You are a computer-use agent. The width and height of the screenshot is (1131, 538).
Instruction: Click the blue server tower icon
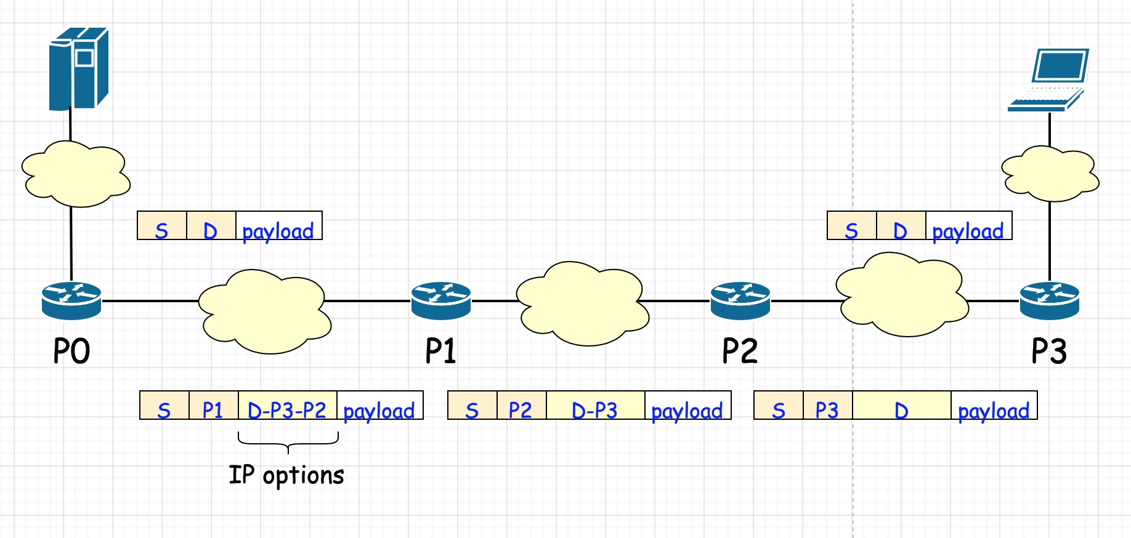[x=78, y=68]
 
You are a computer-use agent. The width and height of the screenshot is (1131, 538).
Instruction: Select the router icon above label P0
[x=71, y=300]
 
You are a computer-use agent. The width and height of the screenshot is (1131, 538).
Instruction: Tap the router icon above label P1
[x=441, y=300]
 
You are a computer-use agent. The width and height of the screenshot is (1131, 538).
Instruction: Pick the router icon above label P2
[x=740, y=300]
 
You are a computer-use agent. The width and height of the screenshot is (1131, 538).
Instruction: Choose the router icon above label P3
[x=1049, y=300]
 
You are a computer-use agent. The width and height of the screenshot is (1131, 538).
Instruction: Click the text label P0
[x=71, y=351]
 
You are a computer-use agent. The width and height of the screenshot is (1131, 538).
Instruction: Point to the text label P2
[x=740, y=351]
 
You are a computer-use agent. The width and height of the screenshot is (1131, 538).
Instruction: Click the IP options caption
[x=286, y=475]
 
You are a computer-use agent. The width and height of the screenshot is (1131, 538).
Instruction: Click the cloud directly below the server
[x=76, y=174]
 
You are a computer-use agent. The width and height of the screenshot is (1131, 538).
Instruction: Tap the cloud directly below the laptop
[x=1050, y=174]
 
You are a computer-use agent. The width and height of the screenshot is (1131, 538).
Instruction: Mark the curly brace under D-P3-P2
[x=288, y=440]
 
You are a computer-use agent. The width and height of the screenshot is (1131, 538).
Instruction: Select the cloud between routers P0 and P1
[x=265, y=311]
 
